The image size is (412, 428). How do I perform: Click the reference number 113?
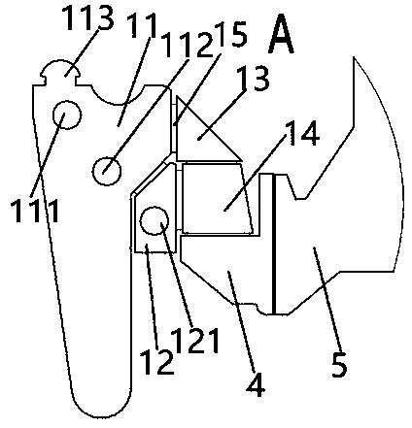87,17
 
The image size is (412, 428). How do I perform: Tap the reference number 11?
142,27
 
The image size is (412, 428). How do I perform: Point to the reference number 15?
230,35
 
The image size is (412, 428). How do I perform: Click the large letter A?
281,35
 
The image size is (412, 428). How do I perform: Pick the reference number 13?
253,79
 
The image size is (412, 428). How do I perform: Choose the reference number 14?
303,133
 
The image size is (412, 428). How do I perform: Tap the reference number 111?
35,211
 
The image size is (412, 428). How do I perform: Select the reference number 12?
156,362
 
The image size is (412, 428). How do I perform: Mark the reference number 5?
339,365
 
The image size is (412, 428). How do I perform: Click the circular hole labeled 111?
67,115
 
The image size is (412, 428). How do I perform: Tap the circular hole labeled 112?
107,171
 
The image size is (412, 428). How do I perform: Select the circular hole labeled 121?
154,221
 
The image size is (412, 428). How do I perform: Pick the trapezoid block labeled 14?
217,198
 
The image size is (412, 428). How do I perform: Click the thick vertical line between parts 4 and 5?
274,245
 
